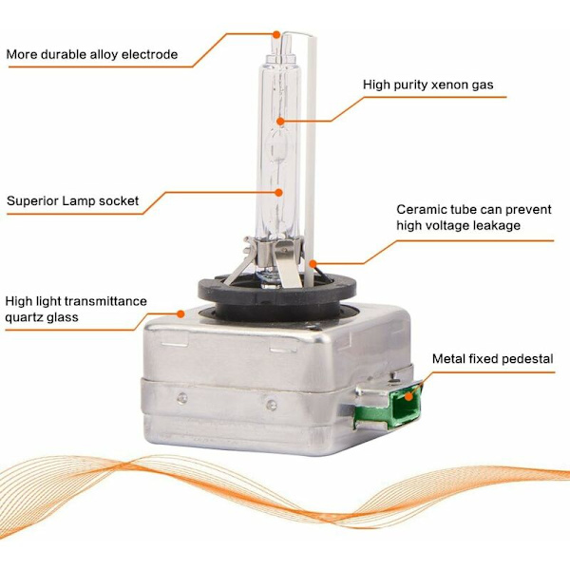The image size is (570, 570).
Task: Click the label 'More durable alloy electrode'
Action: pos(92,54)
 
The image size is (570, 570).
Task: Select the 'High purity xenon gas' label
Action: pos(428,85)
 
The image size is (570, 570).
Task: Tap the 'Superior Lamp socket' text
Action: pos(73,200)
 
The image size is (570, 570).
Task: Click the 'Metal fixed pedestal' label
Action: pos(492,359)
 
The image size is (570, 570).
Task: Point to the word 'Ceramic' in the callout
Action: pos(421,209)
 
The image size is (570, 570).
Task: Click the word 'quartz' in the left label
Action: pos(24,317)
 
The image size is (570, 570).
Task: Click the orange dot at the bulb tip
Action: pos(276,34)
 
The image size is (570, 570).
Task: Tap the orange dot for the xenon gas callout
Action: pos(280,121)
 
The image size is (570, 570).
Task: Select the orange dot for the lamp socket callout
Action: pos(278,193)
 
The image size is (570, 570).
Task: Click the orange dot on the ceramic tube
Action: pos(313,263)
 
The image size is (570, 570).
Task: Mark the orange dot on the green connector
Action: pos(408,396)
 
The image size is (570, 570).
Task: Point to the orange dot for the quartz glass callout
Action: pos(180,313)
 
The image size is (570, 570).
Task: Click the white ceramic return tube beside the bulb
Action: pos(310,160)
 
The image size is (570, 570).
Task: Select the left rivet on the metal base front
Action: pos(182,398)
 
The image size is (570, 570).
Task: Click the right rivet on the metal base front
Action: pos(271,405)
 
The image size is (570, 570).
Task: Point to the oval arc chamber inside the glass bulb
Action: pos(279,146)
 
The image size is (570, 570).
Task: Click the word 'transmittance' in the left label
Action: pos(105,301)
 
